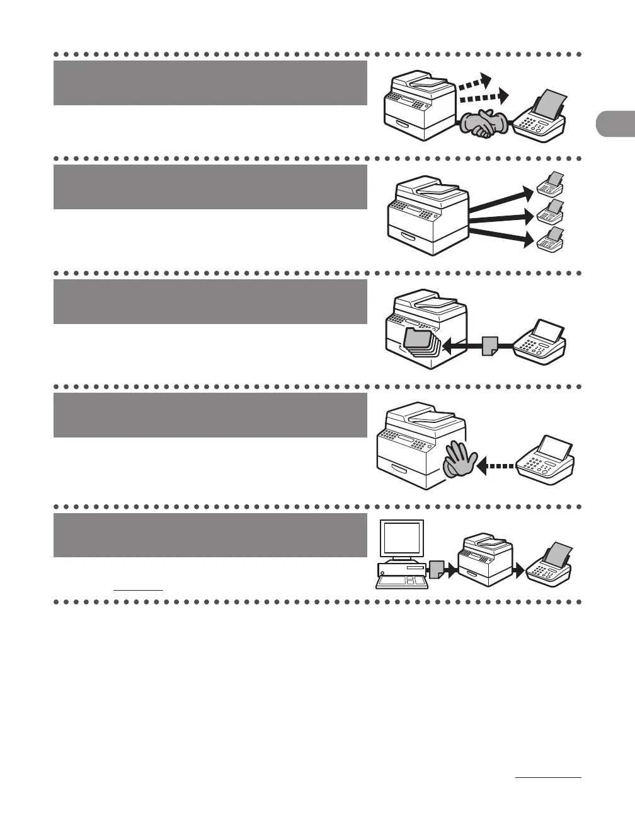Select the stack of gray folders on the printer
[x=418, y=344]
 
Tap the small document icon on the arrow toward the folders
[x=490, y=345]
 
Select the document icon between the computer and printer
[x=437, y=569]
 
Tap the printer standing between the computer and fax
[x=483, y=558]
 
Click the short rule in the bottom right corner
[x=548, y=779]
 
